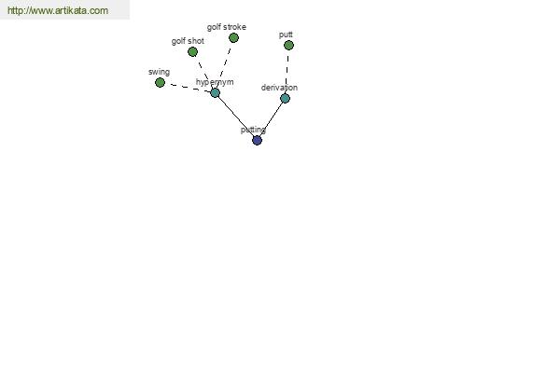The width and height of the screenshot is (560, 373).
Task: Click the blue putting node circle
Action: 258,140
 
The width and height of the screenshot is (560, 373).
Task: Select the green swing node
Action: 160,82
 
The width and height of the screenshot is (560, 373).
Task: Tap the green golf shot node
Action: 192,52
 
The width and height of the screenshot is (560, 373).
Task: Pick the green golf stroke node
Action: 233,38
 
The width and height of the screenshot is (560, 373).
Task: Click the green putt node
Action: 288,46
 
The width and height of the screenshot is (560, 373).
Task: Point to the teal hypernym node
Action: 215,93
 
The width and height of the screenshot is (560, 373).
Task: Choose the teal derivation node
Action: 285,98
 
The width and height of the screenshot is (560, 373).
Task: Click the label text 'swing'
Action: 159,72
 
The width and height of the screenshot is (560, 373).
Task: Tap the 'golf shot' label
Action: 188,41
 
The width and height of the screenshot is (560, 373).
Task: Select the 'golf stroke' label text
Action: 227,27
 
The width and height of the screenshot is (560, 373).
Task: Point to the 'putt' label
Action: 286,35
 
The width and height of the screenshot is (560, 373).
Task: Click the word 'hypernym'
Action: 215,82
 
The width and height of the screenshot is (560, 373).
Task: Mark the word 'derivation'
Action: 279,88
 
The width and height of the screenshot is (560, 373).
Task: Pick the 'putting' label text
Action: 253,130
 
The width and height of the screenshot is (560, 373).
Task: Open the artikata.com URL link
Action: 58,10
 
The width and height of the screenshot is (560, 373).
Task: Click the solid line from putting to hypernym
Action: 236,117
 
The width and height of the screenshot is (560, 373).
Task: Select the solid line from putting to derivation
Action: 272,118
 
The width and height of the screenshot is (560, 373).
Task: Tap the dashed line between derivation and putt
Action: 287,72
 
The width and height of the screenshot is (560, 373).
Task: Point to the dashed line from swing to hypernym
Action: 188,88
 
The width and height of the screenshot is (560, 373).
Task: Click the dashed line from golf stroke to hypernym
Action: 225,65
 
